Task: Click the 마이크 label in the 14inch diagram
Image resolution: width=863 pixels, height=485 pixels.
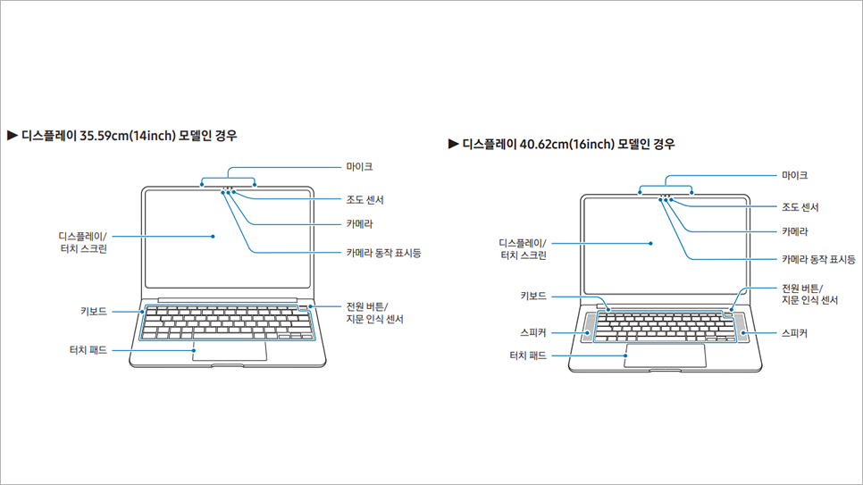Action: point(359,167)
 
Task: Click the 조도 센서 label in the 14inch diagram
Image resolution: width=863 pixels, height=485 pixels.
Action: point(364,200)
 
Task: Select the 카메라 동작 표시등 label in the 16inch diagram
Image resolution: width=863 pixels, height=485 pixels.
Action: point(819,259)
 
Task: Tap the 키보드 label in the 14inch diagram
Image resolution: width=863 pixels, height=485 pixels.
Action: point(94,312)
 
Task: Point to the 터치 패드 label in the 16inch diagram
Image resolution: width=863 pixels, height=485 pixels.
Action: point(528,355)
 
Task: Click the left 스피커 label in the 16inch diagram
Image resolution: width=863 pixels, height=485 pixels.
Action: point(533,332)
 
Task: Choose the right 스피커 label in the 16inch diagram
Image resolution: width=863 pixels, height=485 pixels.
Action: point(795,333)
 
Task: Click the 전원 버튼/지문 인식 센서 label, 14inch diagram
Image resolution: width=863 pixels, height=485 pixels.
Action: point(375,313)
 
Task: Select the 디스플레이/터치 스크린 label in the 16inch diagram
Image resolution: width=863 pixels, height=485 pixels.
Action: point(523,249)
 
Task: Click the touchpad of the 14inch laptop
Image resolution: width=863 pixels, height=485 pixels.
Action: point(230,351)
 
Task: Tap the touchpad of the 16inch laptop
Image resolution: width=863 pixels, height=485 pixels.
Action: point(666,355)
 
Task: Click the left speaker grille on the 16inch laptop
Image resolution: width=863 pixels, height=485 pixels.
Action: point(589,327)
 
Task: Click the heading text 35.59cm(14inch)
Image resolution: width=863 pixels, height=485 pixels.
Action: point(128,136)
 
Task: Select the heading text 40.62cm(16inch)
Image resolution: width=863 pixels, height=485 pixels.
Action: point(567,144)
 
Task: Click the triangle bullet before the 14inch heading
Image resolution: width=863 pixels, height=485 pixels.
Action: point(13,136)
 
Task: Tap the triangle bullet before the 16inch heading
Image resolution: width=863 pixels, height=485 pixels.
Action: point(454,144)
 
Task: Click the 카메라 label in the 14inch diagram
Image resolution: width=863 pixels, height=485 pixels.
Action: point(359,224)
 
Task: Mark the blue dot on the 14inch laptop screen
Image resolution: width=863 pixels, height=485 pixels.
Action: point(213,236)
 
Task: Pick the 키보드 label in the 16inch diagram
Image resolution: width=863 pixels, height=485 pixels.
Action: point(533,297)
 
